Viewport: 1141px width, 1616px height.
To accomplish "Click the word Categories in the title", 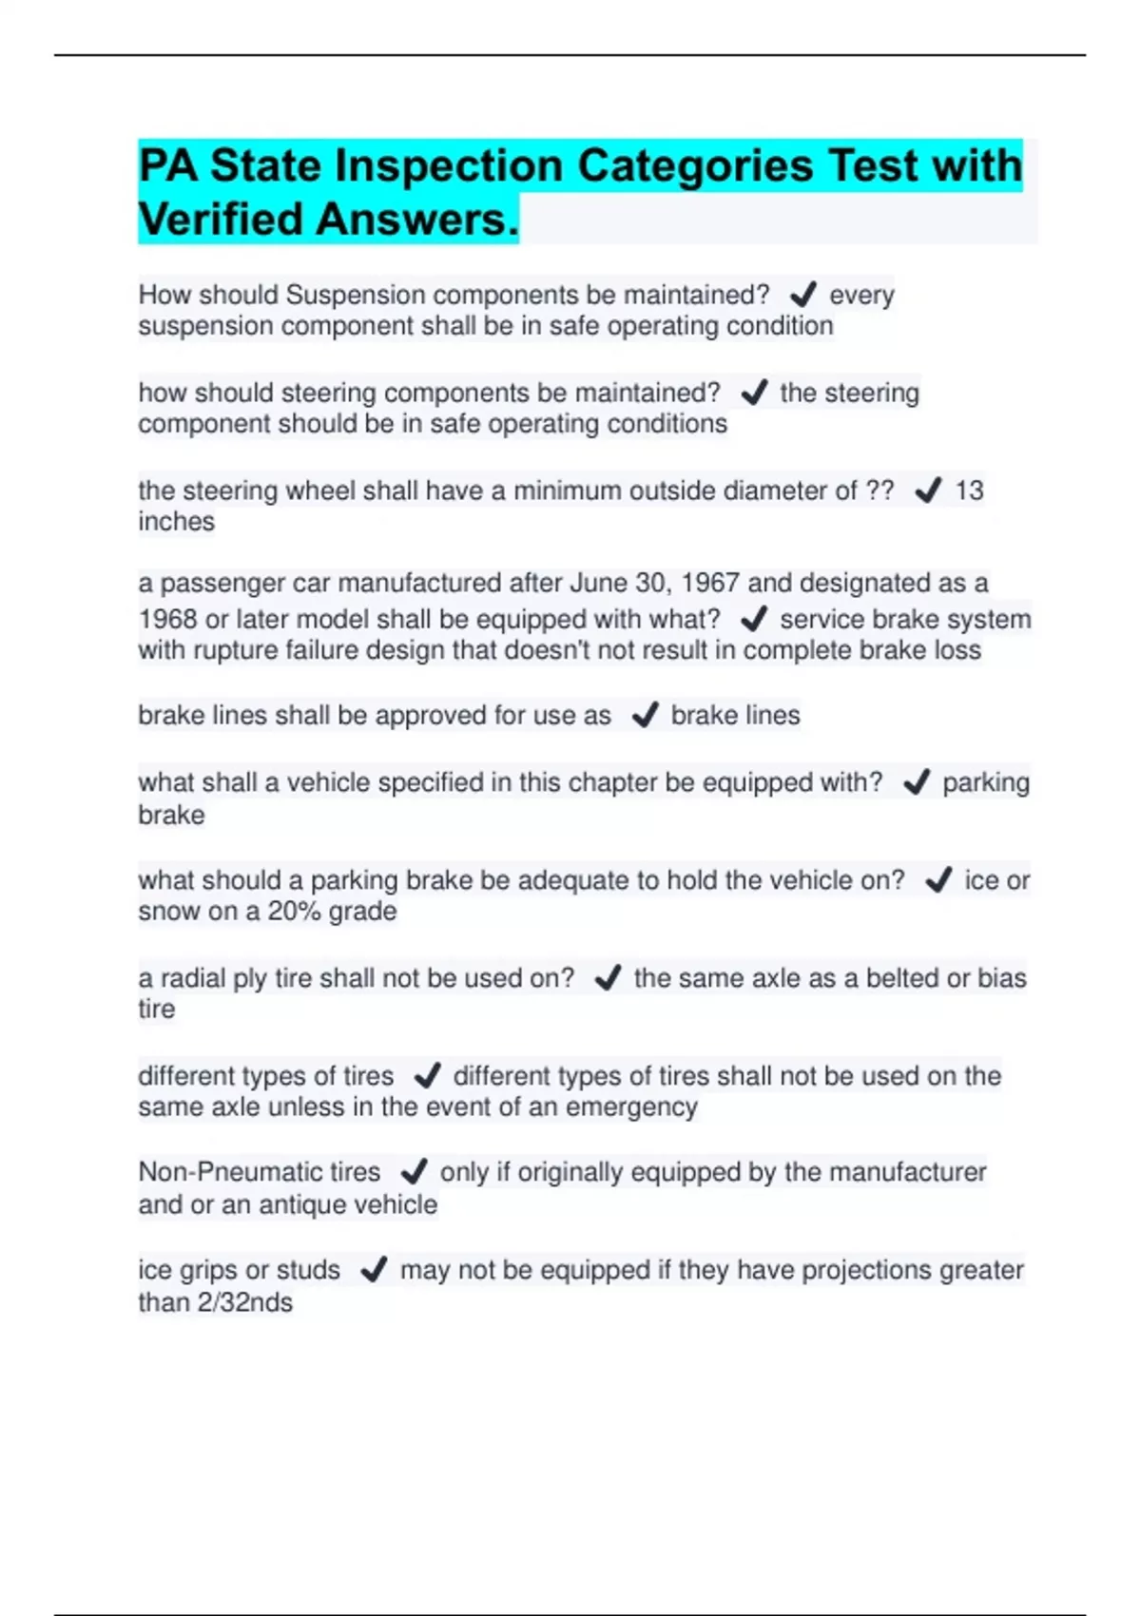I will point(695,166).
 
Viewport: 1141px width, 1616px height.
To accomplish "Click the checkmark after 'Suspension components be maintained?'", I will point(803,295).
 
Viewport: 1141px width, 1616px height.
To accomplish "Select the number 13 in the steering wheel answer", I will point(969,491).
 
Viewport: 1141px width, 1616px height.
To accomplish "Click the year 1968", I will point(167,620).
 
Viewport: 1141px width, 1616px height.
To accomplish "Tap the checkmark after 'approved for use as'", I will point(646,715).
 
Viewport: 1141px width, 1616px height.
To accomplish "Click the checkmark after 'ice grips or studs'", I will point(374,1270).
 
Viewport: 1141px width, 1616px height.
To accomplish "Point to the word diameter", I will point(774,491).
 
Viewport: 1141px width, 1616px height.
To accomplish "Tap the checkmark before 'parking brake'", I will point(917,782).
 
